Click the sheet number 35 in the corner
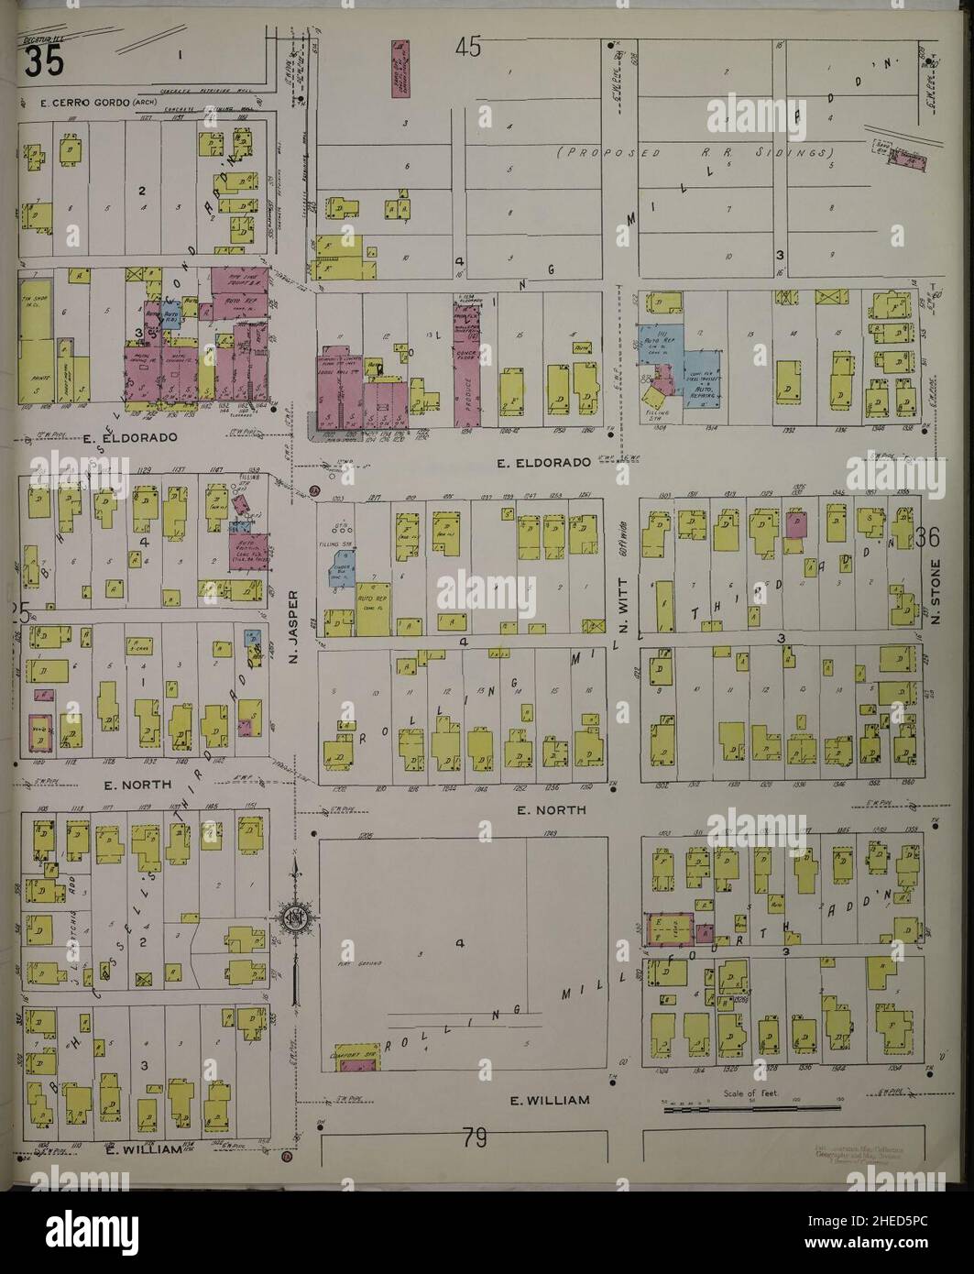click(x=43, y=62)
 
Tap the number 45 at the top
click(x=468, y=48)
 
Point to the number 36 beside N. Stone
click(x=927, y=541)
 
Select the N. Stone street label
click(x=936, y=594)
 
